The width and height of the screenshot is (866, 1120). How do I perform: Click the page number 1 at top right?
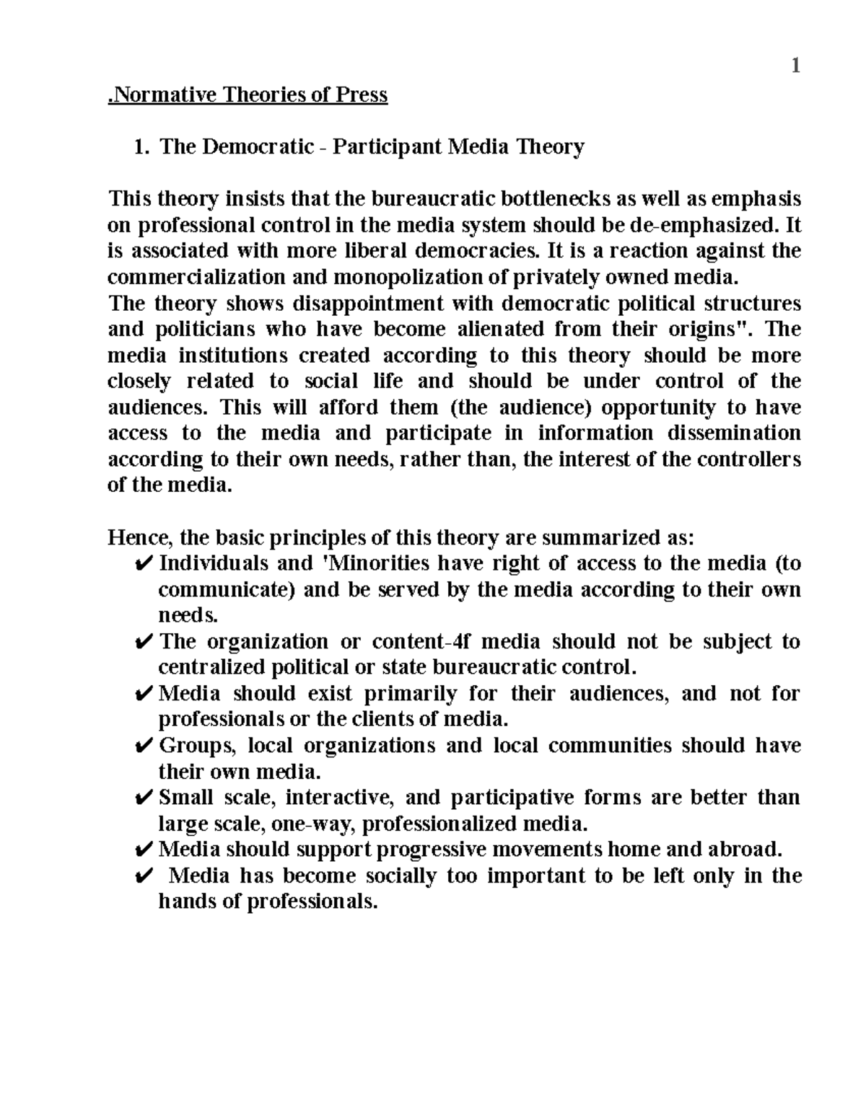795,67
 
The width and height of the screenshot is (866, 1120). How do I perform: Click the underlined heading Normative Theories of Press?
248,95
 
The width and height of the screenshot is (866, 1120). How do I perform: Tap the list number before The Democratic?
141,147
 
